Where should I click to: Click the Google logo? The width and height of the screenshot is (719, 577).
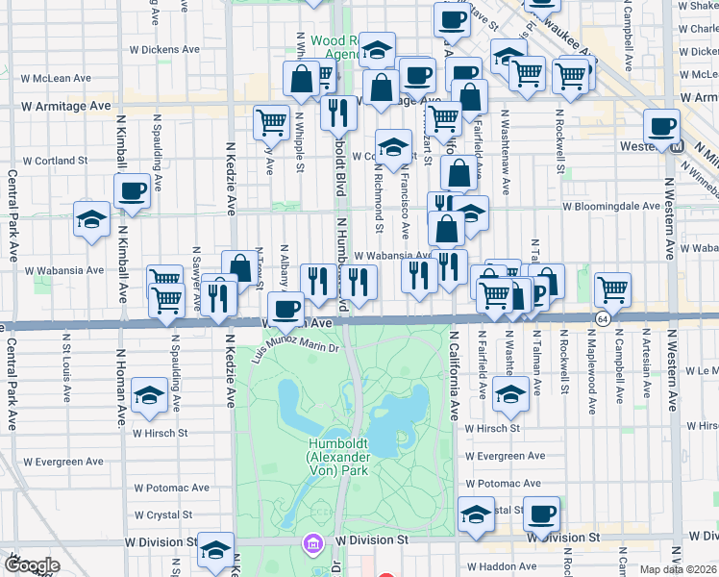31,565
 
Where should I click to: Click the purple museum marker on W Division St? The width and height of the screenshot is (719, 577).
312,544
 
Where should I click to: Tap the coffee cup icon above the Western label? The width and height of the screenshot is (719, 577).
661,126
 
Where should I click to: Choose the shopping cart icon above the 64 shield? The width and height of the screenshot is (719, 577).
612,288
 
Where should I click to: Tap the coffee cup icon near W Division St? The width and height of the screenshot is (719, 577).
542,514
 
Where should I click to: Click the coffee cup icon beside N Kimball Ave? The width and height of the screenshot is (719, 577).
132,190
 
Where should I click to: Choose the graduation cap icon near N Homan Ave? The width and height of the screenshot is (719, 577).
149,396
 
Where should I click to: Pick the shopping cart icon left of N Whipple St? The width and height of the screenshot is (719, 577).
272,121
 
